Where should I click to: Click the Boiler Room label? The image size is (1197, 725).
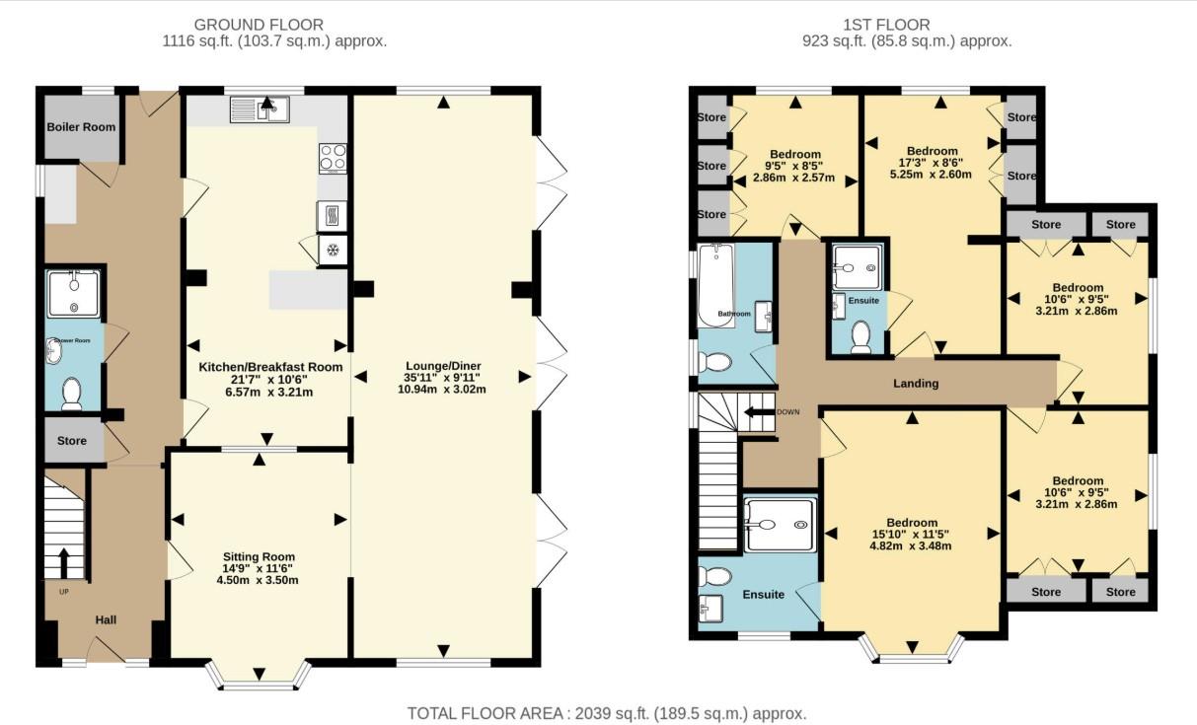pyautogui.click(x=81, y=126)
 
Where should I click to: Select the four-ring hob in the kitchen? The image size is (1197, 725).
pyautogui.click(x=332, y=157)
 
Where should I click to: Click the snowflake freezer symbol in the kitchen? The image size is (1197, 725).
pyautogui.click(x=333, y=251)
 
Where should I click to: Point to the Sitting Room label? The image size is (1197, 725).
pyautogui.click(x=259, y=557)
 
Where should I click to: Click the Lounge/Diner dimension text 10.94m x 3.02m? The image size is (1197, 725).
pyautogui.click(x=442, y=390)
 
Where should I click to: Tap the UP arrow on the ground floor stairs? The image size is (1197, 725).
pyautogui.click(x=65, y=562)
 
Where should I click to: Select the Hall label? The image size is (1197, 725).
pyautogui.click(x=106, y=619)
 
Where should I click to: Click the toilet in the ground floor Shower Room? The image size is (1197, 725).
pyautogui.click(x=71, y=394)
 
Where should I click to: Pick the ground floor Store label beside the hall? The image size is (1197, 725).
pyautogui.click(x=72, y=441)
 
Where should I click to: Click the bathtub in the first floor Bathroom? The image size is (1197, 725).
pyautogui.click(x=712, y=286)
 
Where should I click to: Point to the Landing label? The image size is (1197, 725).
pyautogui.click(x=917, y=384)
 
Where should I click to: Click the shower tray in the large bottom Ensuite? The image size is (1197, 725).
pyautogui.click(x=780, y=524)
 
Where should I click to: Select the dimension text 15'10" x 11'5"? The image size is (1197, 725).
pyautogui.click(x=911, y=534)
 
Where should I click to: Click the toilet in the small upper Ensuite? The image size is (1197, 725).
pyautogui.click(x=860, y=336)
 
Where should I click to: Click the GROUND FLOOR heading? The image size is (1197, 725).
pyautogui.click(x=259, y=25)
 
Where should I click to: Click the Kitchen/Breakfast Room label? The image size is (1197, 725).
pyautogui.click(x=270, y=367)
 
